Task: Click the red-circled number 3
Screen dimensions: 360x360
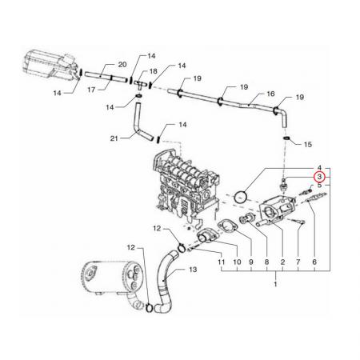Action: click(319, 177)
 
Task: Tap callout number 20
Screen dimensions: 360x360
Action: click(122, 65)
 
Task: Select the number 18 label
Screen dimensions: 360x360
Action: click(154, 71)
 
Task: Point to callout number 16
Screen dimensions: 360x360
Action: click(270, 94)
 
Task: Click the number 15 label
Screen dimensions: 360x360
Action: click(308, 145)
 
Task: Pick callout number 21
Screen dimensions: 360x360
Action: click(114, 138)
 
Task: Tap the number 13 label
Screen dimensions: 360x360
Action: click(193, 270)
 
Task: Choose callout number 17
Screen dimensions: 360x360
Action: click(91, 90)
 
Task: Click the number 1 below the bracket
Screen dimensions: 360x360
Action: click(275, 284)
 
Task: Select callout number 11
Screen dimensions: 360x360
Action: click(222, 262)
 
